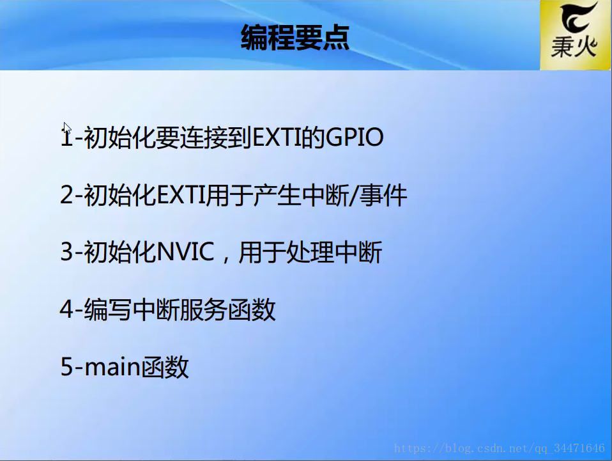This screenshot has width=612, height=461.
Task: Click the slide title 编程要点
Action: tap(295, 38)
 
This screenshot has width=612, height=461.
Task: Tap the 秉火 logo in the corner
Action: tap(576, 35)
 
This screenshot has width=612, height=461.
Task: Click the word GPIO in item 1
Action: tap(354, 137)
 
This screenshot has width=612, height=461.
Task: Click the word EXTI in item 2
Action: tap(181, 195)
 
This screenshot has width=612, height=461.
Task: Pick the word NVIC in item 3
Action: tap(185, 251)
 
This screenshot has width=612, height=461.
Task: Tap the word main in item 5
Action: tap(112, 367)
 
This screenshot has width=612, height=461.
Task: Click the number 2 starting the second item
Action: tap(66, 195)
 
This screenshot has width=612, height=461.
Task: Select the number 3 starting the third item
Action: tap(66, 251)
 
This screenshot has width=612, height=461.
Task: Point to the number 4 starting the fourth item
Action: tap(66, 309)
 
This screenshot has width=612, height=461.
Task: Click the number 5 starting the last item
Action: tap(66, 367)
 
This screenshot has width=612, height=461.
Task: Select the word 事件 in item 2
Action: tap(383, 195)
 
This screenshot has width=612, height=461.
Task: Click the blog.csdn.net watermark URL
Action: tap(499, 448)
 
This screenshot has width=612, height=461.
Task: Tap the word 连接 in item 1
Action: tap(204, 137)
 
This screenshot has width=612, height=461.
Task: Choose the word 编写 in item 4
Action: tap(107, 310)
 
